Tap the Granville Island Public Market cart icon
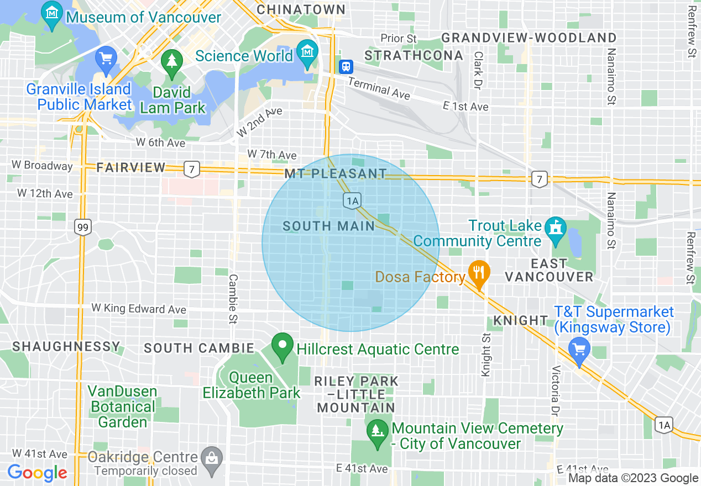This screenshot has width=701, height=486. [105, 58]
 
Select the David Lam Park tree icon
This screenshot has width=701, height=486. [171, 61]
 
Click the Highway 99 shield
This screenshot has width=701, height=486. [83, 227]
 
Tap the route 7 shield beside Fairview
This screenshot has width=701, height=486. [191, 169]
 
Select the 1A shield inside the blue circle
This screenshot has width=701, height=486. [352, 200]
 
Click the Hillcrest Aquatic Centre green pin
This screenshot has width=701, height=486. [283, 347]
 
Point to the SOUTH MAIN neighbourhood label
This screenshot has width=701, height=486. [328, 226]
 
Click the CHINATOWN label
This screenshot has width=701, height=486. [301, 9]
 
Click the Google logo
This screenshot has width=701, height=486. [37, 473]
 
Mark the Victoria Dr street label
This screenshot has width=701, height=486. [556, 391]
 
